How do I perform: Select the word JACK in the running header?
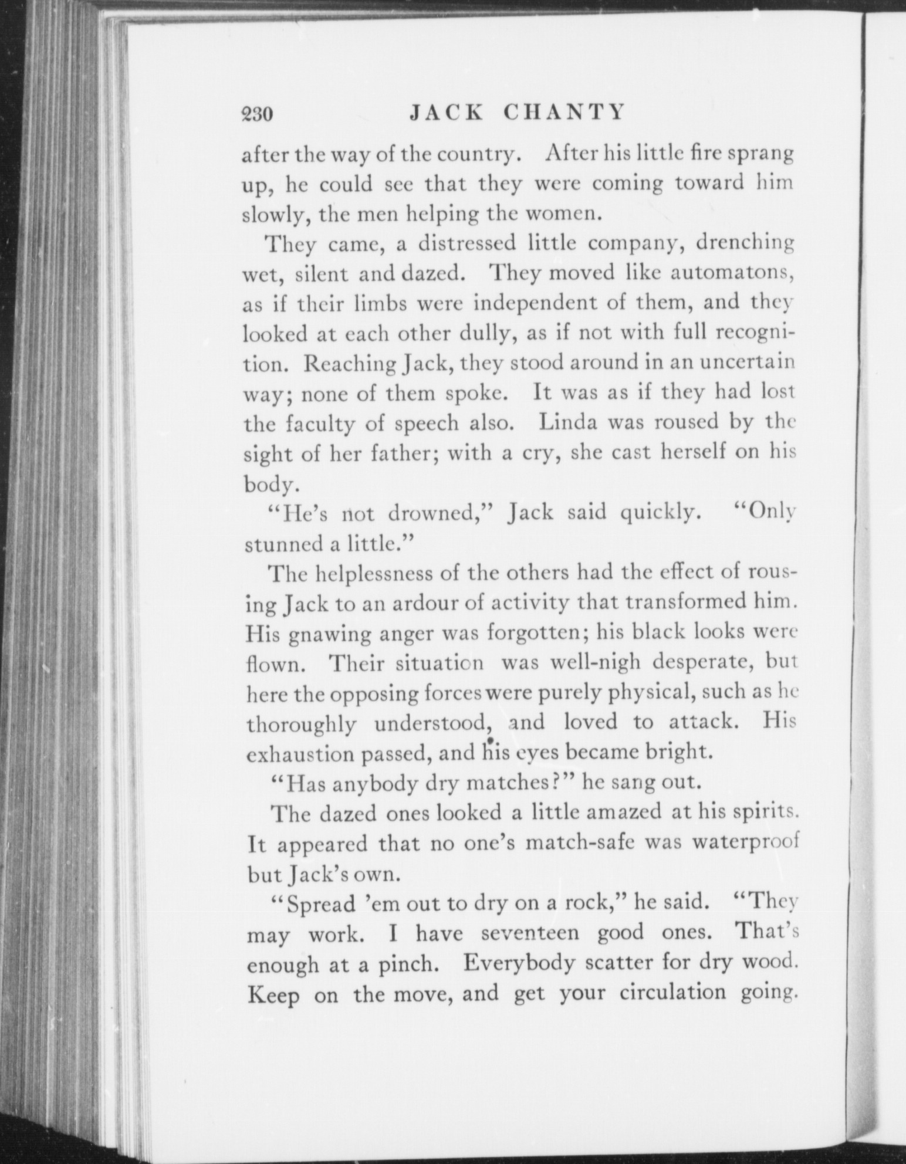tap(445, 111)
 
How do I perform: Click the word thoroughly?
tap(301, 724)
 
